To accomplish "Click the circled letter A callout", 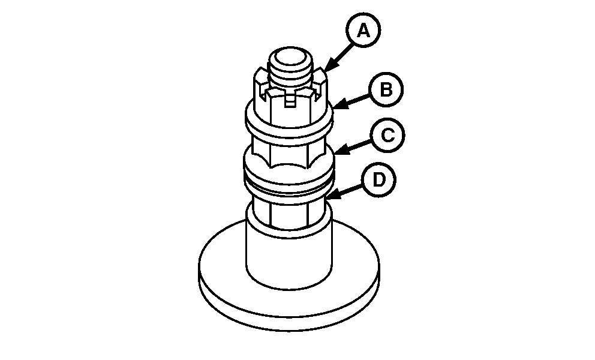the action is pyautogui.click(x=363, y=31).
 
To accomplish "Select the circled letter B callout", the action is pyautogui.click(x=386, y=90).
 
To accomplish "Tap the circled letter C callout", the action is pyautogui.click(x=387, y=135).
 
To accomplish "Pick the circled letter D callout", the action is pyautogui.click(x=378, y=179).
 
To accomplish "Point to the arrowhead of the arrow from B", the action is pyautogui.click(x=339, y=104).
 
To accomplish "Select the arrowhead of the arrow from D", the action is pyautogui.click(x=333, y=194).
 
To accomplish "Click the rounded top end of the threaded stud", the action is pyautogui.click(x=290, y=57).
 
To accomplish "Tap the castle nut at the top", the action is pyautogui.click(x=290, y=95).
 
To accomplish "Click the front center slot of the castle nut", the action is pyautogui.click(x=290, y=101).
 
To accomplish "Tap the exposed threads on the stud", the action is pyautogui.click(x=290, y=76).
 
